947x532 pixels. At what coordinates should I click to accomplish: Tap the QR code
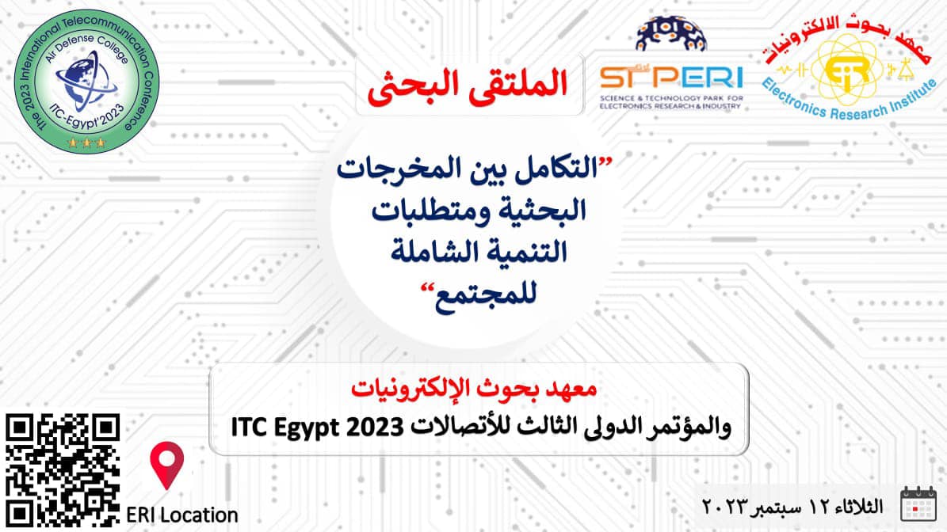63,470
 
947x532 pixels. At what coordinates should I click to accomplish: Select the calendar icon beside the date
918,504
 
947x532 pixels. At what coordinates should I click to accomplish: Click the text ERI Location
181,515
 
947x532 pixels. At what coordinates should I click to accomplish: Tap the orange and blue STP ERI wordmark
671,78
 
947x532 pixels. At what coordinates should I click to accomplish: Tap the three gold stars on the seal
87,143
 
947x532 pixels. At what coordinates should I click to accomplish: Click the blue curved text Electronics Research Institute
849,101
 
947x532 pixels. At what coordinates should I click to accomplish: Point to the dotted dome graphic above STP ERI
670,34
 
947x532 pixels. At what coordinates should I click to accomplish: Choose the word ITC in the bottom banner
250,427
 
